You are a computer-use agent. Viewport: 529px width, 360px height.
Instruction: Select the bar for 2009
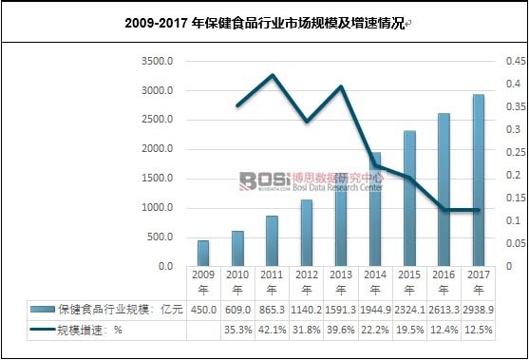[203, 254]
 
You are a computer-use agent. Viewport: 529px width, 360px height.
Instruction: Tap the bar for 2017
[479, 180]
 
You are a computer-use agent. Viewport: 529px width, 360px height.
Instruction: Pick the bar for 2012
[307, 233]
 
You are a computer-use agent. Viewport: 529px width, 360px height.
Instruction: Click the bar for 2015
[409, 199]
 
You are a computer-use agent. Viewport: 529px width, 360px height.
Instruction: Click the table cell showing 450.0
[203, 310]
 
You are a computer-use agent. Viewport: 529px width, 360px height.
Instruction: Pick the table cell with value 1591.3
[341, 310]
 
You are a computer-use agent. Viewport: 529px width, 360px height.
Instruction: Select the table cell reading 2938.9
[479, 310]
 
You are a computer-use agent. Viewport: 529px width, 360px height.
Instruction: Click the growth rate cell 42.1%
[272, 330]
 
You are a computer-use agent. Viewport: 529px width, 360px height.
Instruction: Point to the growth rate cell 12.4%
[444, 330]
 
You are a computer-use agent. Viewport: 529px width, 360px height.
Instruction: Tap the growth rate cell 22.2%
[375, 330]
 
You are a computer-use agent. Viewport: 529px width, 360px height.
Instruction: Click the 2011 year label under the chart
[272, 282]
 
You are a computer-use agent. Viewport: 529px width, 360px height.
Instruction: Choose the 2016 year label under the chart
[444, 282]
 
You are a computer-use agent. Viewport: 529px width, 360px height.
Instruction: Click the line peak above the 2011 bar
[273, 75]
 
